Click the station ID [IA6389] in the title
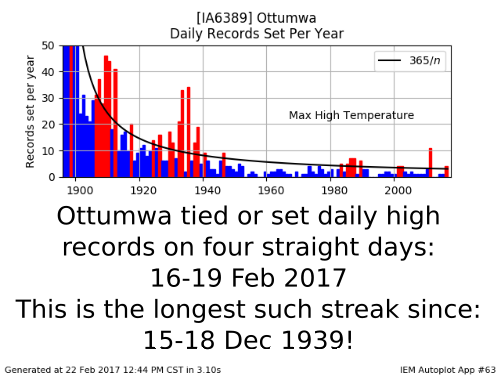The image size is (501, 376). click(224, 18)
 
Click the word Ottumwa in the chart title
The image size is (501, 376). click(286, 18)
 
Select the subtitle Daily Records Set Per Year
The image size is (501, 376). click(257, 34)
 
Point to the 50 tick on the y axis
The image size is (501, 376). click(48, 45)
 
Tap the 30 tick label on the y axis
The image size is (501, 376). click(48, 98)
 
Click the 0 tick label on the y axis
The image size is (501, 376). click(51, 177)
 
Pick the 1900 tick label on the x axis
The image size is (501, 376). click(80, 190)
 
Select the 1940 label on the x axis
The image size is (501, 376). click(207, 190)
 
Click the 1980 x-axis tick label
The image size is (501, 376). click(334, 190)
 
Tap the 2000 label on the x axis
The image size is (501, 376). click(398, 190)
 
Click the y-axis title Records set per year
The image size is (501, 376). click(30, 112)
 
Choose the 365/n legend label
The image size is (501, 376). click(425, 60)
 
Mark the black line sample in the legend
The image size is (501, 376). click(389, 60)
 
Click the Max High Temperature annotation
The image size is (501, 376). click(351, 115)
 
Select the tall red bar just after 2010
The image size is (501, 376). click(430, 163)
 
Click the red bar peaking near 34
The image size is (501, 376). click(188, 132)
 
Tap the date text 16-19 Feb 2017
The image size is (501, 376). click(248, 277)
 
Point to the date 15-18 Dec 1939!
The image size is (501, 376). click(248, 340)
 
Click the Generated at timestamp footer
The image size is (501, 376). click(113, 370)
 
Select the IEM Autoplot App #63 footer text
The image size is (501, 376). click(448, 370)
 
